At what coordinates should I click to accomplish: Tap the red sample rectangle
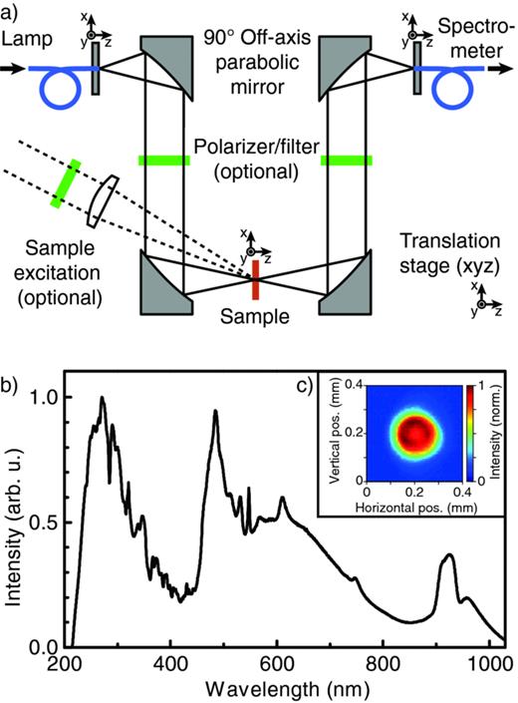tap(256, 279)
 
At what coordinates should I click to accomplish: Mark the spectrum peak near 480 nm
tap(215, 412)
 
